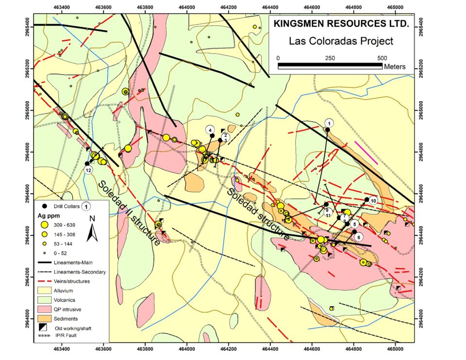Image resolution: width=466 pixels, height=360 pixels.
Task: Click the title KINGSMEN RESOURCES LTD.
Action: pos(341,23)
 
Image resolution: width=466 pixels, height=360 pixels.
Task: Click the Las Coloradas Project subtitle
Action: pos(341,41)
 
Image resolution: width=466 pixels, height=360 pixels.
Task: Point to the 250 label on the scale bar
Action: pos(330,58)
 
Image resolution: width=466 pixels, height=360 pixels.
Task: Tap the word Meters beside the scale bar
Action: pos(394,66)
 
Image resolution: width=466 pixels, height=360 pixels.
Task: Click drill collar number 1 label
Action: pos(329,123)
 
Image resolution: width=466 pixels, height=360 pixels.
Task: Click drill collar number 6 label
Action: pos(358,237)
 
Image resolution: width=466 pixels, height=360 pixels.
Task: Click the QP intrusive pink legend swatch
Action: pos(46,309)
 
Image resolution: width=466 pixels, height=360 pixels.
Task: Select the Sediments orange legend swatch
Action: pos(46,318)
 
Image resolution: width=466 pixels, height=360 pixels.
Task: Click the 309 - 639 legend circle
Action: pos(44,225)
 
